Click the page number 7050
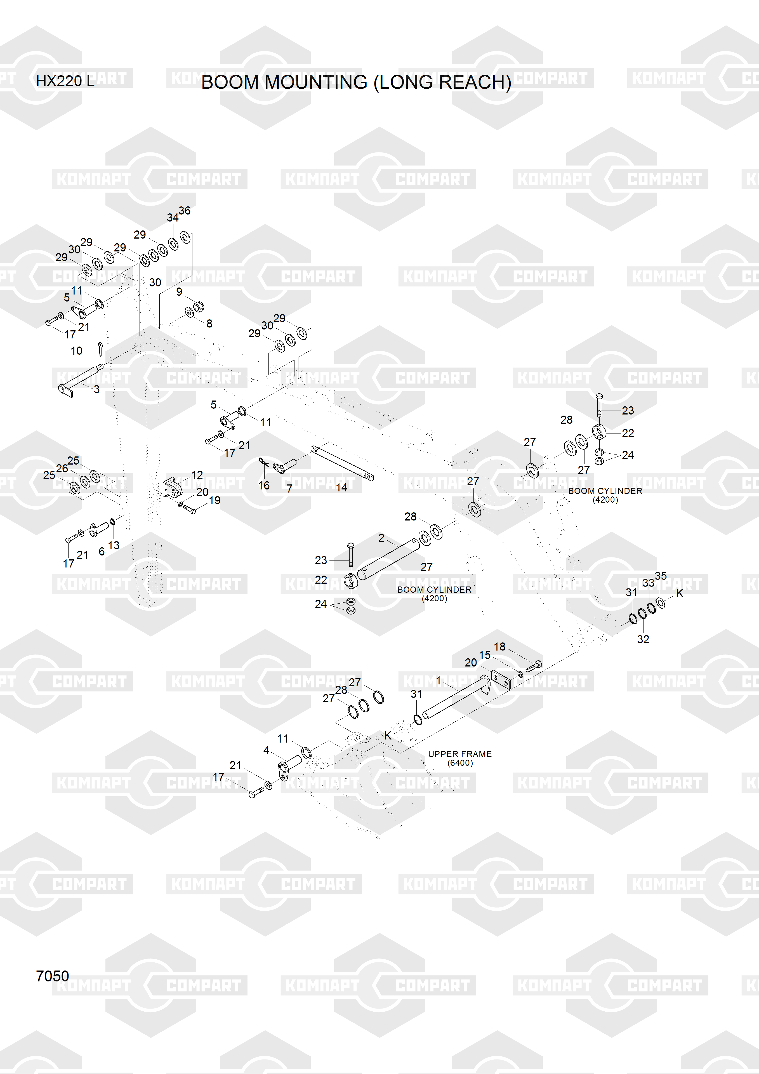[x=52, y=976]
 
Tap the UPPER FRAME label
[x=460, y=754]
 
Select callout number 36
[x=185, y=211]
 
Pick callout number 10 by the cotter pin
[x=76, y=350]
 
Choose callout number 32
[x=643, y=639]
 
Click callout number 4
[x=266, y=750]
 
